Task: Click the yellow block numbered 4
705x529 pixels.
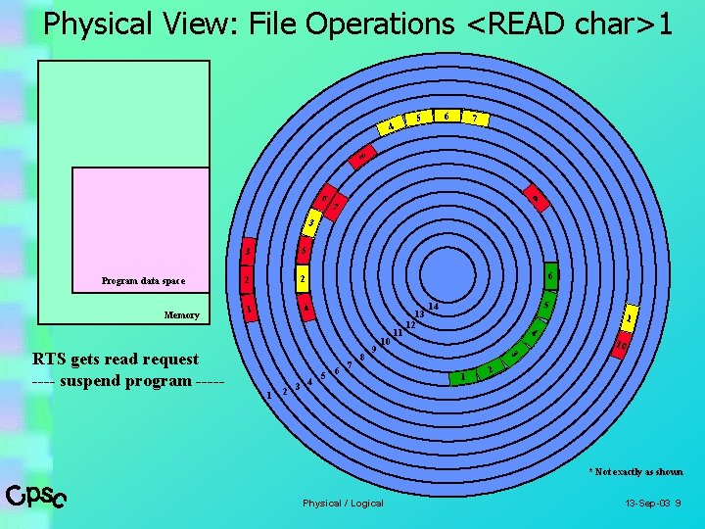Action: [x=391, y=127]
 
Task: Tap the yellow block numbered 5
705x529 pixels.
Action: [x=419, y=119]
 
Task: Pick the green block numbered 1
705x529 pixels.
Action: [x=461, y=377]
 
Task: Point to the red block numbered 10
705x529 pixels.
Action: [x=621, y=343]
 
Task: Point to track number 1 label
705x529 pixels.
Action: [x=269, y=396]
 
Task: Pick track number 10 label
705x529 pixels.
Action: [x=386, y=342]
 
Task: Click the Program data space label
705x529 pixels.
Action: [x=143, y=281]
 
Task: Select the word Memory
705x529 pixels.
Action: [x=181, y=315]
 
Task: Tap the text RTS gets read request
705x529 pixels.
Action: [x=116, y=360]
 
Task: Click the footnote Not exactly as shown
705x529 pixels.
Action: [x=636, y=472]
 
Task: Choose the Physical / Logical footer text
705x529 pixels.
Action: [x=343, y=504]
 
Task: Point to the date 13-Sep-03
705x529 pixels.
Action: [x=647, y=504]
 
